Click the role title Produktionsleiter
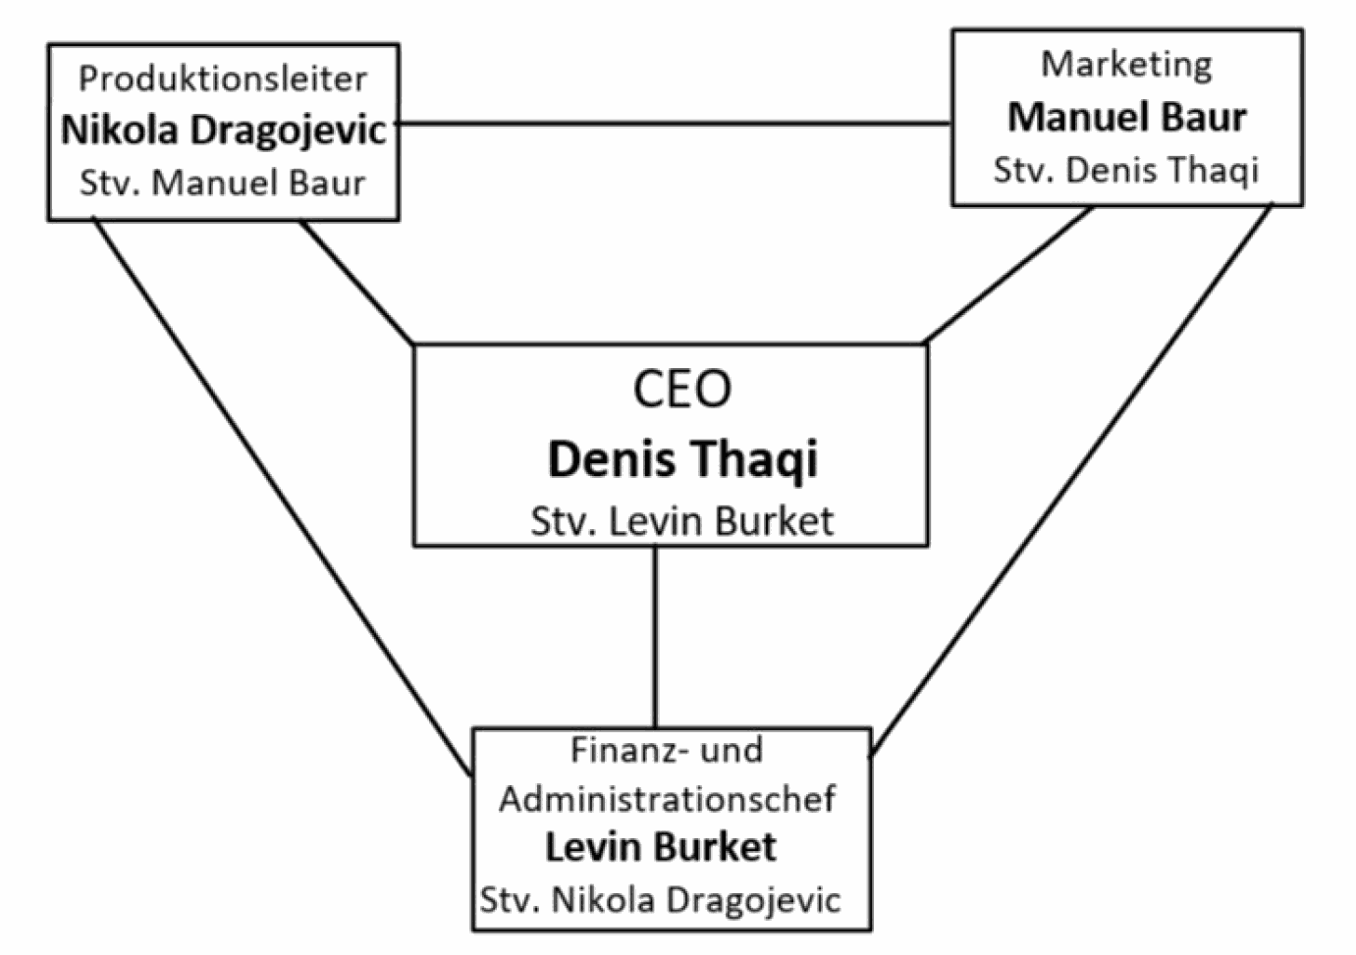pyautogui.click(x=223, y=79)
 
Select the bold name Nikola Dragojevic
pyautogui.click(x=224, y=130)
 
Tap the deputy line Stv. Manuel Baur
pyautogui.click(x=223, y=183)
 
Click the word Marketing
pyautogui.click(x=1126, y=65)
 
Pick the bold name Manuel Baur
pyautogui.click(x=1127, y=117)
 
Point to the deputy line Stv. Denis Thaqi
pyautogui.click(x=1126, y=170)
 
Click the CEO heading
pyautogui.click(x=681, y=389)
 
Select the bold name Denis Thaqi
pyautogui.click(x=682, y=458)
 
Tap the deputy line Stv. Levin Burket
pyautogui.click(x=682, y=521)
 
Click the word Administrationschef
pyautogui.click(x=668, y=799)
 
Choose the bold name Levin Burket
pyautogui.click(x=661, y=847)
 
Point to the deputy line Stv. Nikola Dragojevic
pyautogui.click(x=660, y=899)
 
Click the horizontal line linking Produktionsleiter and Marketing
pyautogui.click(x=675, y=124)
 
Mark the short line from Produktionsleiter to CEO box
pyautogui.click(x=355, y=281)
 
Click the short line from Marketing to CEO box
pyautogui.click(x=1009, y=275)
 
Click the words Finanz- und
pyautogui.click(x=667, y=750)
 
